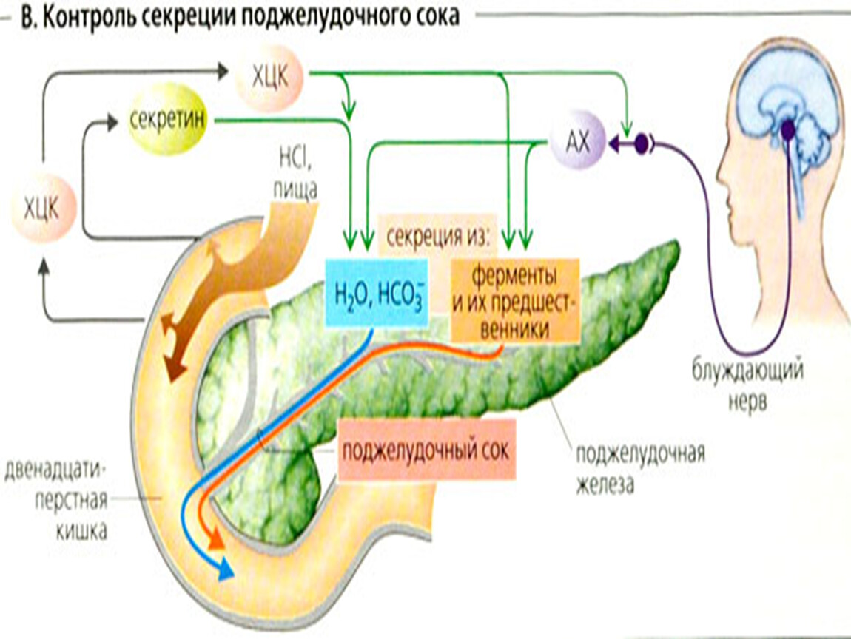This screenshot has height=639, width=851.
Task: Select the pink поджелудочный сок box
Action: pyautogui.click(x=427, y=450)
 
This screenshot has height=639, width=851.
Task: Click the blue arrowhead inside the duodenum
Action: pyautogui.click(x=224, y=569)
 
